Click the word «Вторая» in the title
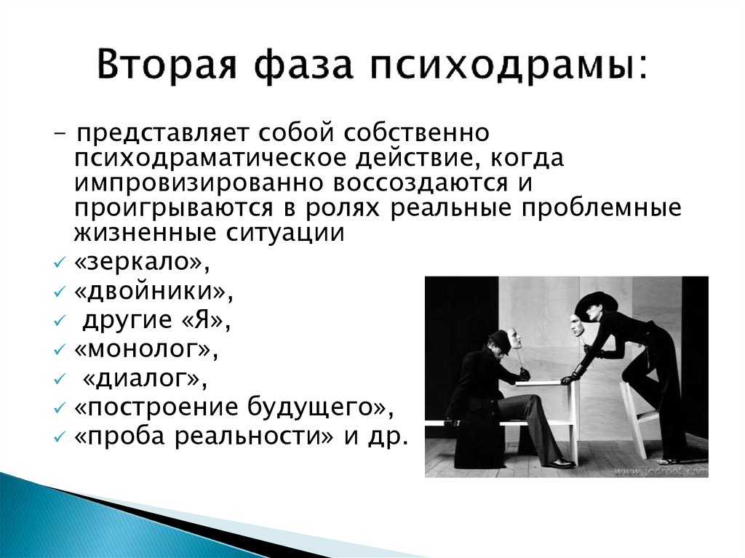tap(167, 64)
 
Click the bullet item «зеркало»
tap(142, 262)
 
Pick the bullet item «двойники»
tap(154, 291)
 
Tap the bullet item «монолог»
tap(146, 349)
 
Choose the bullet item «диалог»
tap(145, 379)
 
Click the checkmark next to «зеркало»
tap(59, 263)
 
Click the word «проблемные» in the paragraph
tap(601, 209)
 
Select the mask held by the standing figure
tap(576, 323)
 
